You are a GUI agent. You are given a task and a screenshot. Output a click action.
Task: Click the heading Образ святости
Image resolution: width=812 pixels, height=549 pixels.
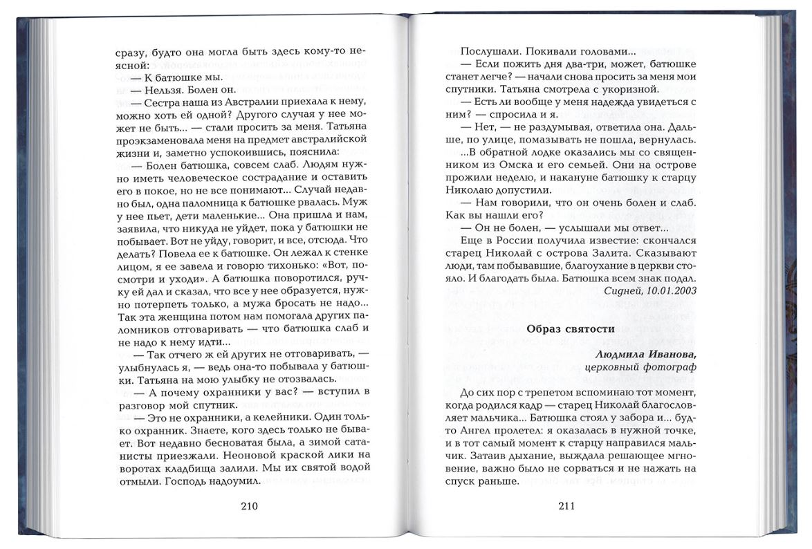click(570, 328)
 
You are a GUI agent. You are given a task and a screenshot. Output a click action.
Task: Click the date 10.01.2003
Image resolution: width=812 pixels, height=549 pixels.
click(669, 290)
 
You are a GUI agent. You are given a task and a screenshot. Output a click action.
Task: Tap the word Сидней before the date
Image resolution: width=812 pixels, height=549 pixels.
click(622, 290)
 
